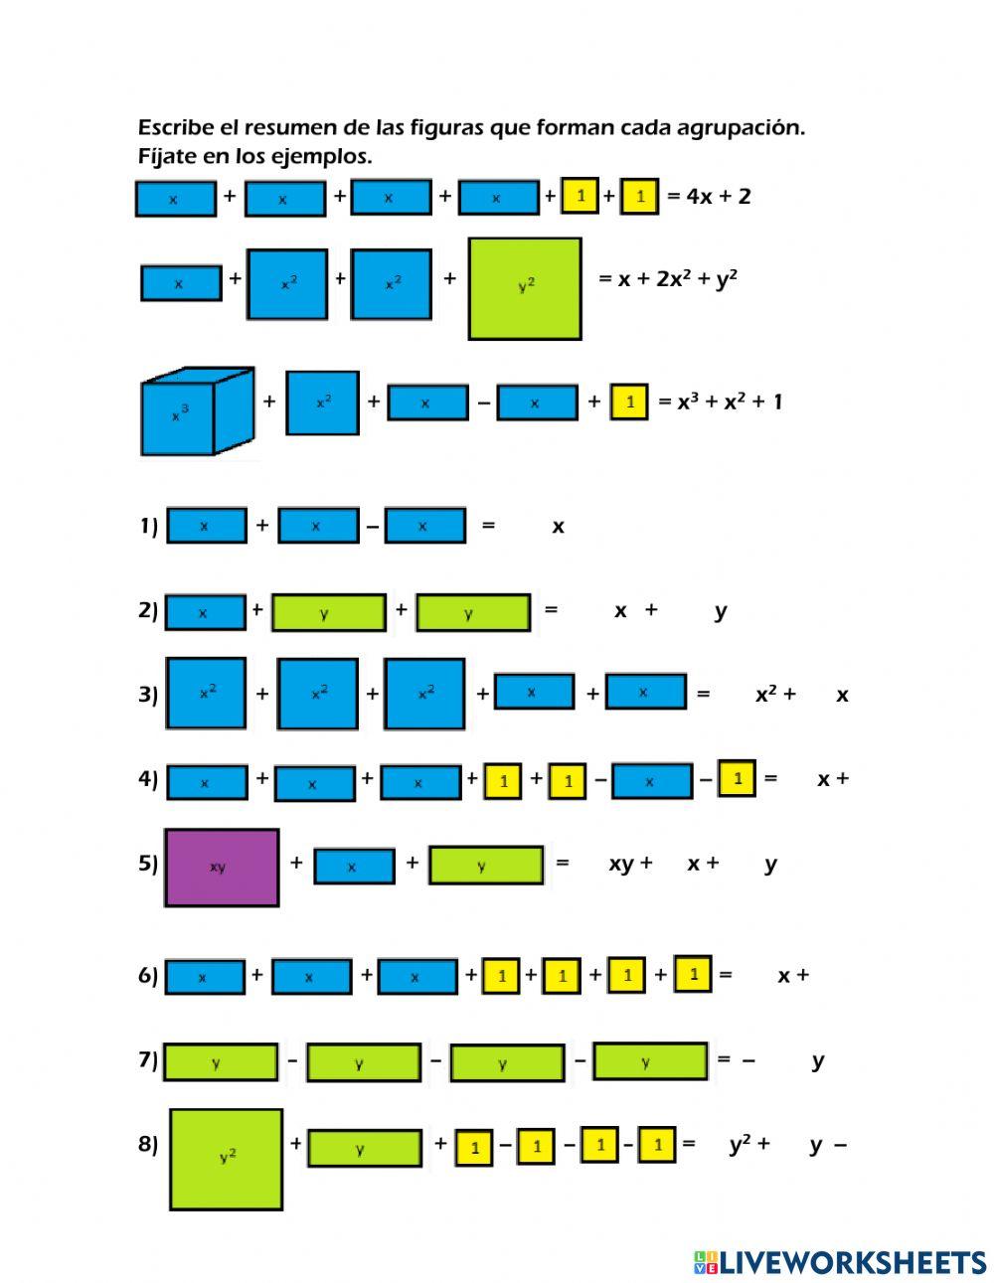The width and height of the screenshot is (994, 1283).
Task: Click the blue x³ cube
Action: [196, 411]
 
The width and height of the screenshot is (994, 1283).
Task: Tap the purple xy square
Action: [222, 867]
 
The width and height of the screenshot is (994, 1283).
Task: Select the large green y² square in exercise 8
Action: [227, 1159]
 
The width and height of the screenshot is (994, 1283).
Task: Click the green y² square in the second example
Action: [525, 288]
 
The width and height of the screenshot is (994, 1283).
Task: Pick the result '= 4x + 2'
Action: [709, 196]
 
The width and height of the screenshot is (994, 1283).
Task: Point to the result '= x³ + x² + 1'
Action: [721, 401]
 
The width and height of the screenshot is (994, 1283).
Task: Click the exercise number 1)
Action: [148, 526]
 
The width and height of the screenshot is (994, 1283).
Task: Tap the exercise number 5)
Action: [148, 863]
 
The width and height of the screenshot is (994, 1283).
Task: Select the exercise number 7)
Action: [148, 1059]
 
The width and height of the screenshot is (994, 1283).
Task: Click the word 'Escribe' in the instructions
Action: [175, 127]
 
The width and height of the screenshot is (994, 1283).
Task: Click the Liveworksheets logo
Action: [840, 1262]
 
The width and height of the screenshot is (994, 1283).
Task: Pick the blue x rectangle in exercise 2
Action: [205, 612]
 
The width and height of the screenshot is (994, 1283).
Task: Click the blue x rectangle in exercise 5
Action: [354, 866]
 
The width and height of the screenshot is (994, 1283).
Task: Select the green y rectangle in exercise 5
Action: [486, 865]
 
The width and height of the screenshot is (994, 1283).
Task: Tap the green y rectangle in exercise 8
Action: [365, 1148]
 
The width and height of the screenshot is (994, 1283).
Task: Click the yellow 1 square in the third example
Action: [628, 401]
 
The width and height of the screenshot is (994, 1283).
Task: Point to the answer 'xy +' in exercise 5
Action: [630, 864]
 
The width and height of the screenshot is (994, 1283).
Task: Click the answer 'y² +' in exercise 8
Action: [749, 1145]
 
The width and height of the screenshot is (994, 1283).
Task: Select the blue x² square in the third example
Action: [322, 402]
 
